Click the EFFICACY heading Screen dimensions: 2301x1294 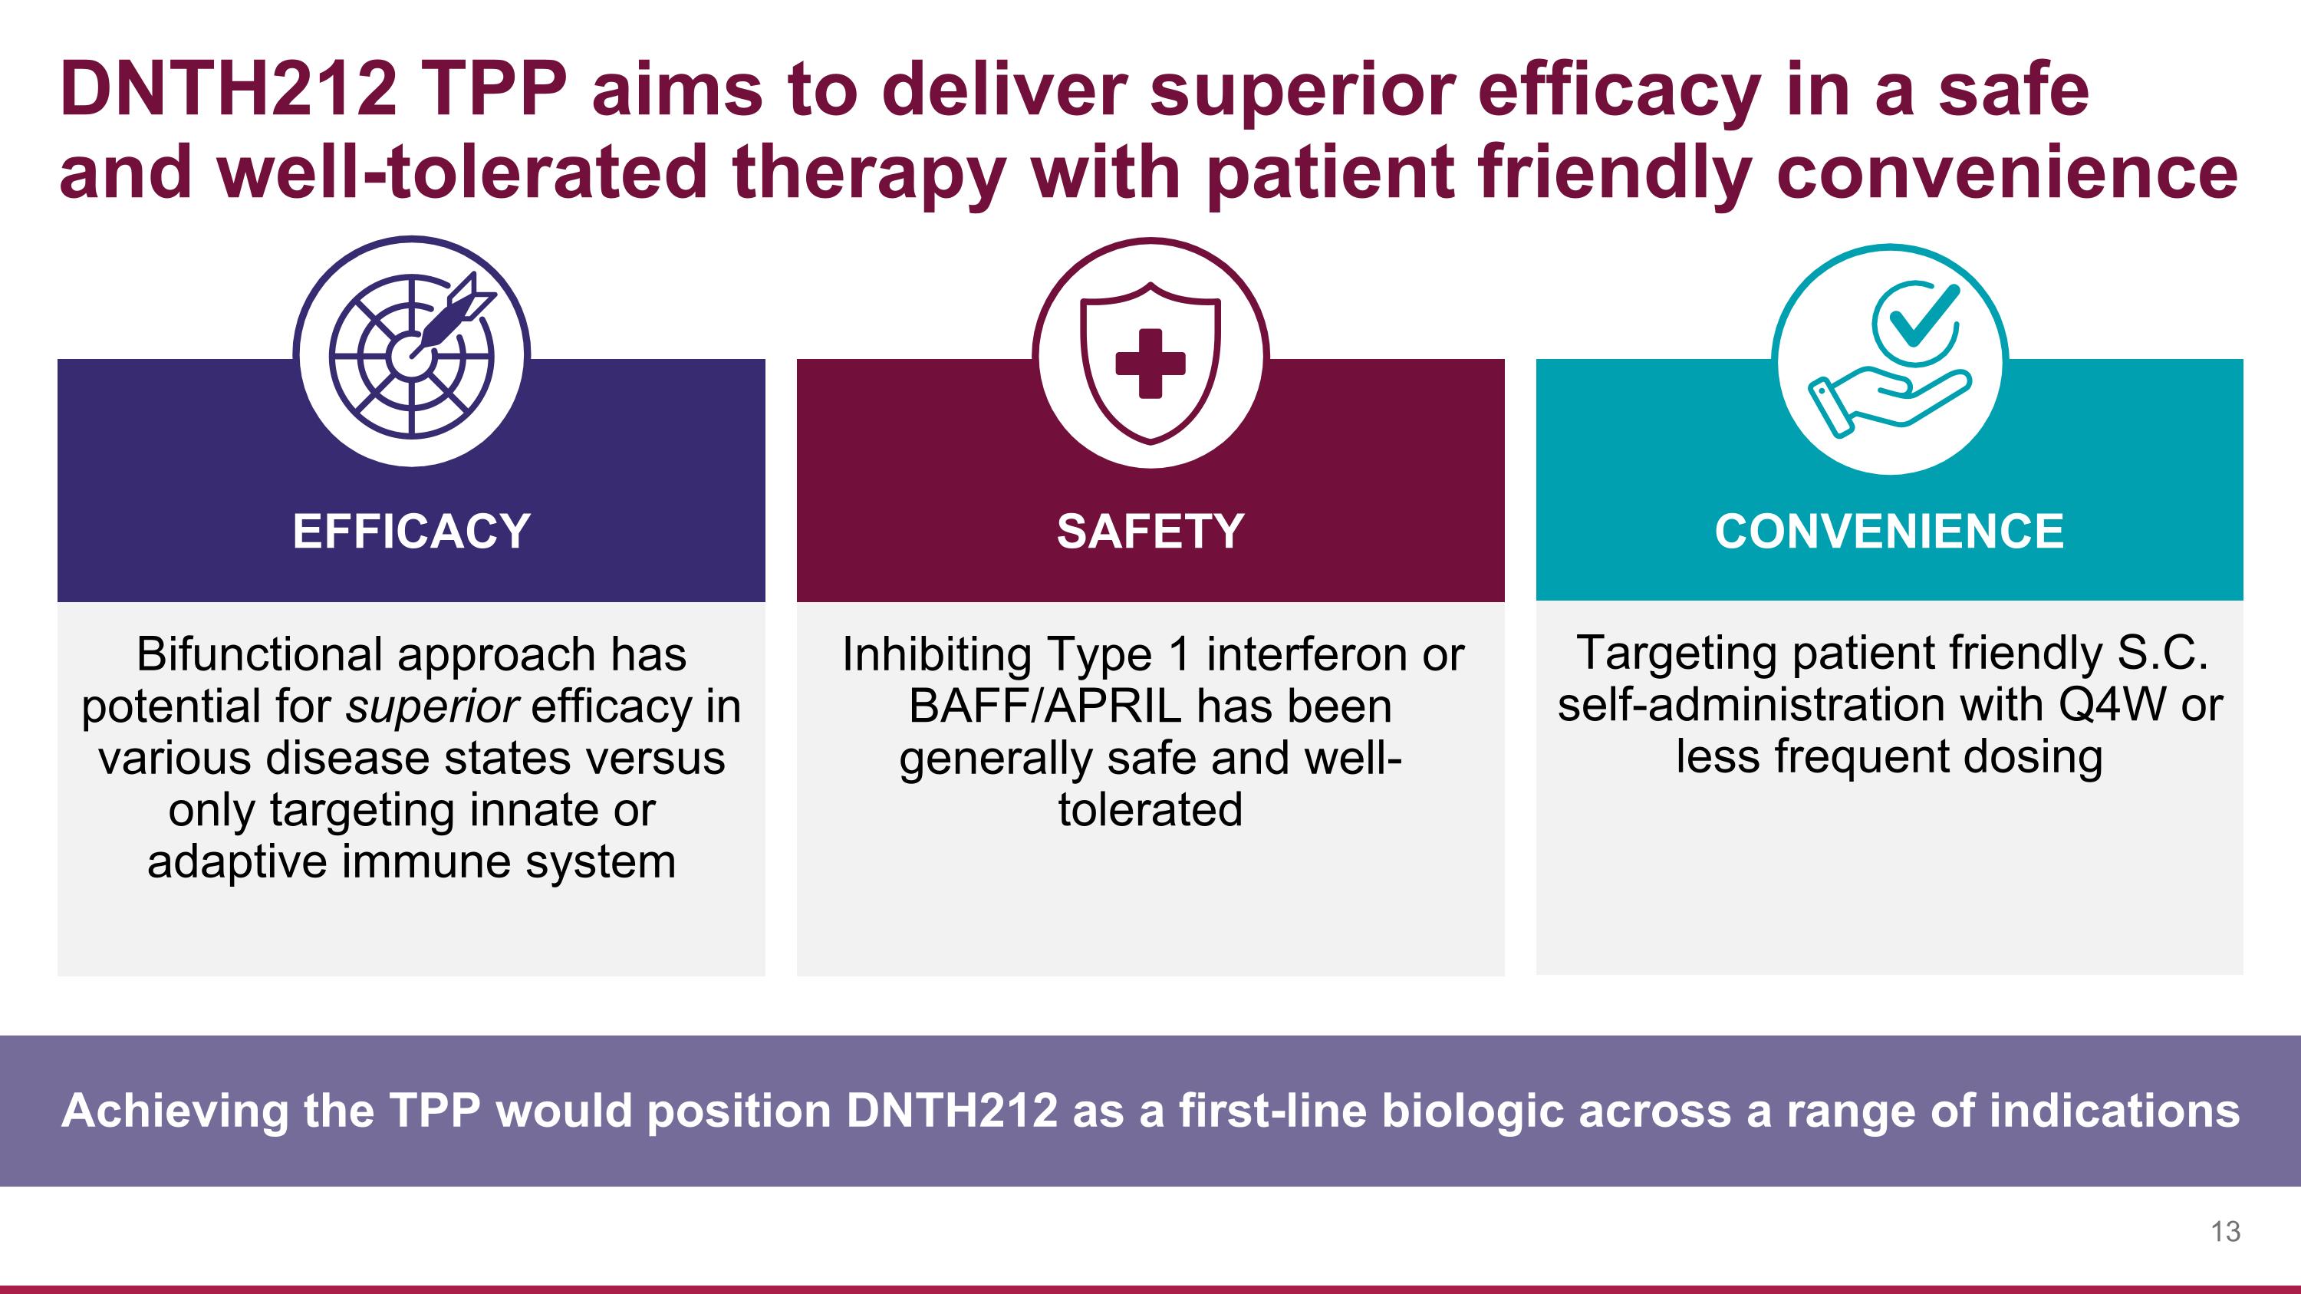(412, 532)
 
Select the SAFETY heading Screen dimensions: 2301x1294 (1150, 532)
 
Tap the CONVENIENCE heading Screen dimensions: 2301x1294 (1889, 532)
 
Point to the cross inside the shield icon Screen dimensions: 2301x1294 (1150, 364)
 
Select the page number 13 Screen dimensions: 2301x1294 (2226, 1232)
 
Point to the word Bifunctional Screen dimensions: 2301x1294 (260, 654)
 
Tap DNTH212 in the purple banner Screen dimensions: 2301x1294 (951, 1111)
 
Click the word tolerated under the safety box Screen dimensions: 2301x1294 (1150, 809)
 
